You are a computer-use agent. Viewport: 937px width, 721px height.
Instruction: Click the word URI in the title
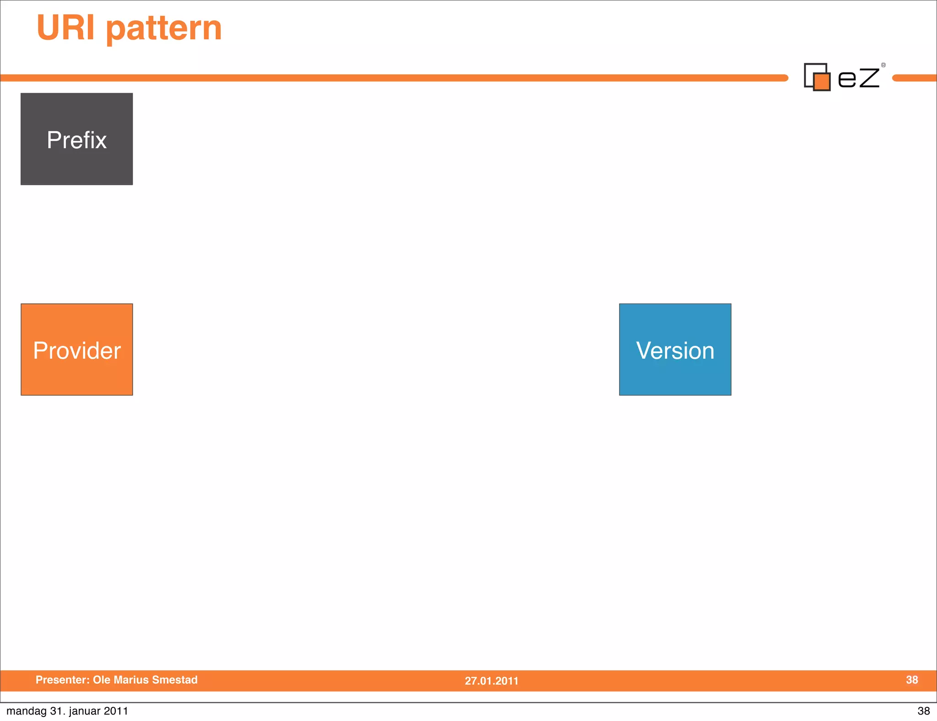point(65,28)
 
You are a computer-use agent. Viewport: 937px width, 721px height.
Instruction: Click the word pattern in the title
point(164,29)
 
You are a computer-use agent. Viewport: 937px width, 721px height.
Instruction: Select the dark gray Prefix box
point(76,139)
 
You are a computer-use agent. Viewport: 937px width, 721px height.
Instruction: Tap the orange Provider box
point(76,350)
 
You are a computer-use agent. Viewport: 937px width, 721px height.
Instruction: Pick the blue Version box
point(675,350)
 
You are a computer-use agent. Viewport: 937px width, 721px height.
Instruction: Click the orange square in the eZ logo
point(822,82)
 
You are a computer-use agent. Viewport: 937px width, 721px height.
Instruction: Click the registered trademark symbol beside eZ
point(883,65)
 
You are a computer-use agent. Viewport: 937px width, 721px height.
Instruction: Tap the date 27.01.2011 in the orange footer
point(491,681)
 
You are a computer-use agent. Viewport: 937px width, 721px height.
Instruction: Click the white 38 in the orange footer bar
point(912,680)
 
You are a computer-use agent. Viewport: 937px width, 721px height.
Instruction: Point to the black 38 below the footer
point(923,711)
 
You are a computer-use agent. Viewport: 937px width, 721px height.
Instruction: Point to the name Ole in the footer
point(101,680)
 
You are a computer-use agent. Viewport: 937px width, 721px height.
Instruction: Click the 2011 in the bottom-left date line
point(116,711)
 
